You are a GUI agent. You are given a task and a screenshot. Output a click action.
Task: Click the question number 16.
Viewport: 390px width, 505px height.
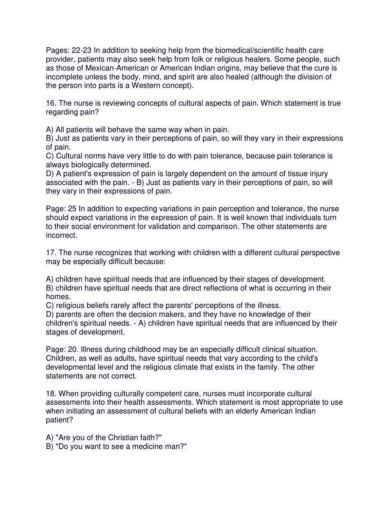51,103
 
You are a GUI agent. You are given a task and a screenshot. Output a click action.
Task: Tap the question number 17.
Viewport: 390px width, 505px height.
51,253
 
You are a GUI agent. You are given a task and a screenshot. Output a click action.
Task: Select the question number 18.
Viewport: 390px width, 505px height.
51,394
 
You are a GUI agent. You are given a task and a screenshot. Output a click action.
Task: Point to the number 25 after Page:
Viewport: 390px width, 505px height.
72,209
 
